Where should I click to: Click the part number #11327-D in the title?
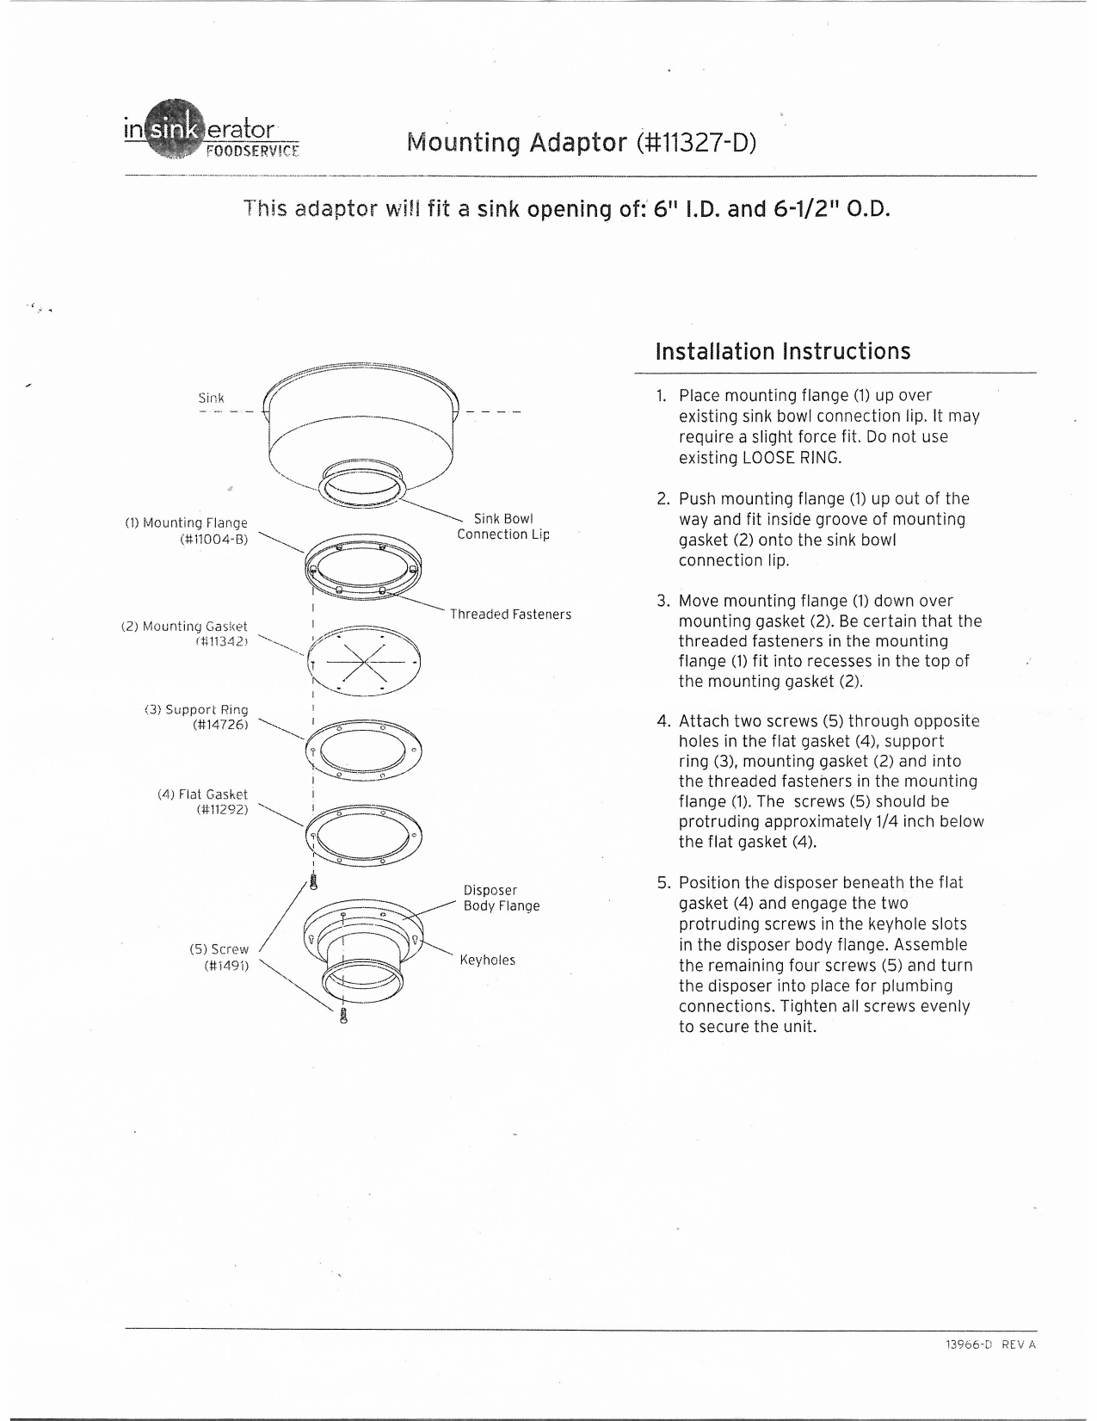tap(697, 142)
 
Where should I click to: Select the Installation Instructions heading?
tap(782, 352)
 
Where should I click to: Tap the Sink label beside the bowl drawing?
tap(211, 398)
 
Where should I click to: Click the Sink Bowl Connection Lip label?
tap(503, 527)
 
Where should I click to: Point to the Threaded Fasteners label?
tap(510, 615)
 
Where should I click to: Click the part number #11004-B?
tap(213, 540)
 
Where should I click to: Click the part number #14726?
tap(220, 726)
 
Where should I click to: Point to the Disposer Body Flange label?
tap(502, 898)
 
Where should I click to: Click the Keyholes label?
tap(488, 961)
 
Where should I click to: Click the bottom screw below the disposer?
tap(344, 1016)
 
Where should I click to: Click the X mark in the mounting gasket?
tap(364, 662)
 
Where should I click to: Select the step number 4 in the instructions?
tap(663, 721)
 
